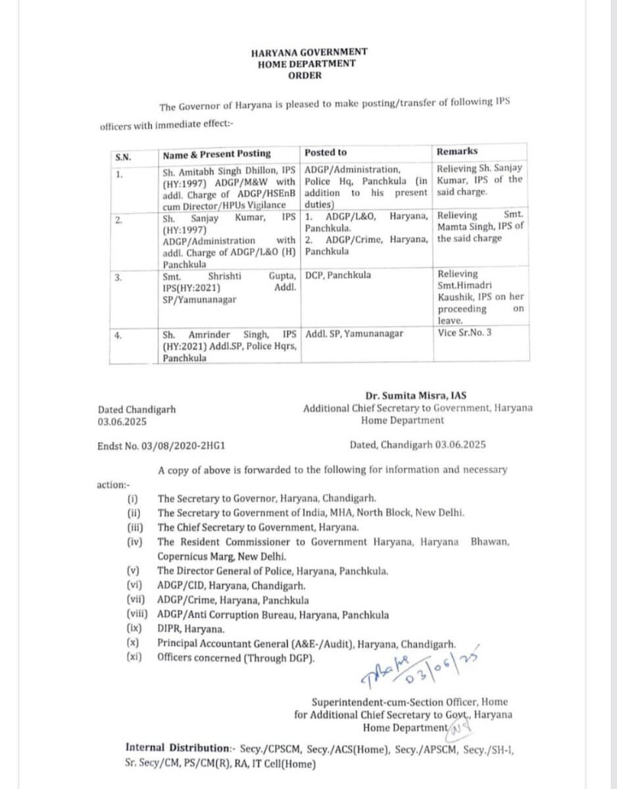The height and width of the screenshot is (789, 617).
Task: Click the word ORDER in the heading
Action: [x=305, y=76]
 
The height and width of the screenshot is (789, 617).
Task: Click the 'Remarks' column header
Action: [x=457, y=151]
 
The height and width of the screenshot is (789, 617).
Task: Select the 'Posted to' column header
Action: [x=325, y=153]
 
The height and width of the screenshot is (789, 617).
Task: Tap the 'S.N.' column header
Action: [x=123, y=157]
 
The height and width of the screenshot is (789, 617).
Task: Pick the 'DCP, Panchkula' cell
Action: [x=338, y=275]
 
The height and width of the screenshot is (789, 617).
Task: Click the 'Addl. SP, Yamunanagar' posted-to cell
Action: [x=355, y=333]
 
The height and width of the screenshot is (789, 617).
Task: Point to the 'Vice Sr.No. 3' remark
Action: [x=464, y=333]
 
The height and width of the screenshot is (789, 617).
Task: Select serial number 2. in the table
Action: [x=118, y=220]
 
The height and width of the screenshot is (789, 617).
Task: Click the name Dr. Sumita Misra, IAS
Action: [x=416, y=396]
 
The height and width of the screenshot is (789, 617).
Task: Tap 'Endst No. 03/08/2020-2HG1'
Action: [x=161, y=445]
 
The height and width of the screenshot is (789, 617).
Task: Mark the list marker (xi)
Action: [x=134, y=657]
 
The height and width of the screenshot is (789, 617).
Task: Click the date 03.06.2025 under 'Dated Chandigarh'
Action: [x=122, y=421]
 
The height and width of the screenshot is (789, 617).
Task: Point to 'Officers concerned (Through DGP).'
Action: [x=235, y=657]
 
